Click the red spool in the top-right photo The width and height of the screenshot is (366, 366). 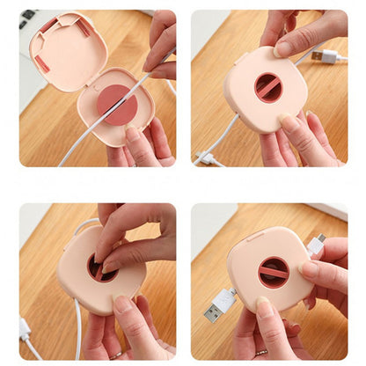[x=269, y=87]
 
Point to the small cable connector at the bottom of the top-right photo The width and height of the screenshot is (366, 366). [x=208, y=158]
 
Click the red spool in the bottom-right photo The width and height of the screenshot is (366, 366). [x=274, y=272]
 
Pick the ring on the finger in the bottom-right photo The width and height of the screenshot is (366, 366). [x=261, y=352]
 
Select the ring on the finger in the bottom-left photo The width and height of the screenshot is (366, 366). [x=115, y=355]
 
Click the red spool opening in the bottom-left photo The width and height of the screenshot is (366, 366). [x=99, y=268]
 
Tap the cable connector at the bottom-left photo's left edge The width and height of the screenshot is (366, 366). [x=26, y=327]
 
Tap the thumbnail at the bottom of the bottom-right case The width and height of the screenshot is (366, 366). [x=263, y=308]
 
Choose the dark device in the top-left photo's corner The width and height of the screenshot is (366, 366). [x=26, y=15]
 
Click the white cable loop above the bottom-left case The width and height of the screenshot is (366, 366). [x=83, y=223]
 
